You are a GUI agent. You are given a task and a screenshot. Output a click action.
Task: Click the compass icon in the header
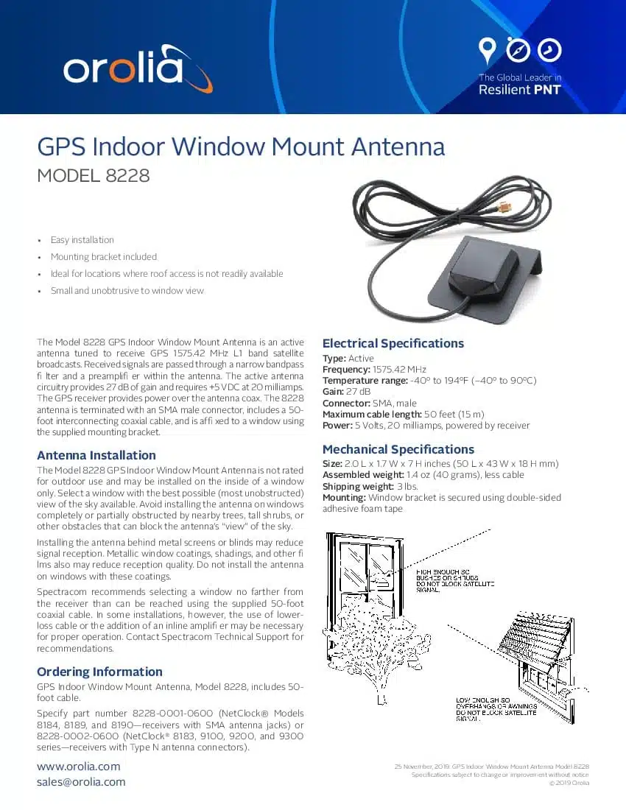tap(518, 49)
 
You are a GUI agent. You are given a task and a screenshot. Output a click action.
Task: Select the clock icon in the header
tap(549, 49)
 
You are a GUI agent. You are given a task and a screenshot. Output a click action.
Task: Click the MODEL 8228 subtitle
tap(94, 176)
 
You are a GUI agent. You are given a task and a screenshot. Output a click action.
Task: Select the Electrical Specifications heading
tap(393, 343)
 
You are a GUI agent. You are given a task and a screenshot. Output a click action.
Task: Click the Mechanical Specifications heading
tap(398, 449)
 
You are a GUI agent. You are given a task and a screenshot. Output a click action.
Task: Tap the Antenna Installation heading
tap(96, 455)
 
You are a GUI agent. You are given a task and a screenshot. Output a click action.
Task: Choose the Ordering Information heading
tap(99, 672)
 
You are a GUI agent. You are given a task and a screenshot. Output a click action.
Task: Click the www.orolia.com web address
tap(78, 767)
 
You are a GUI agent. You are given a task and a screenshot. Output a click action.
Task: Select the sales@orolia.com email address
tap(81, 782)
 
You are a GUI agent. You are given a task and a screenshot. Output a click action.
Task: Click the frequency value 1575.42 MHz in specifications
tap(399, 369)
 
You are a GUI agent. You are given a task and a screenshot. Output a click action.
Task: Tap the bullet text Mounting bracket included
tap(103, 257)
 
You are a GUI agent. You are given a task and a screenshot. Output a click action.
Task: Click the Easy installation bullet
tap(82, 240)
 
